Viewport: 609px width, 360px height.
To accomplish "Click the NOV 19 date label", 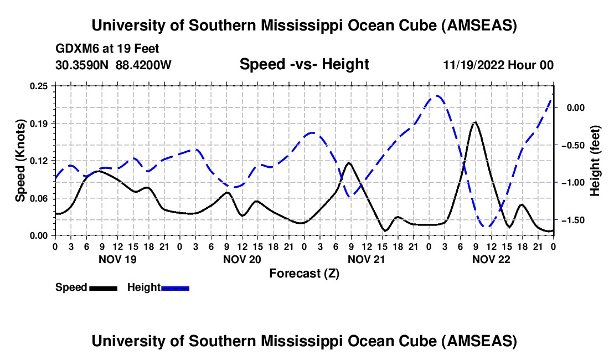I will coord(117,259).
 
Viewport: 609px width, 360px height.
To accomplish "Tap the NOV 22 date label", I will coord(491,259).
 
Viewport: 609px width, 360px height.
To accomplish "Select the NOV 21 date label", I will coord(366,259).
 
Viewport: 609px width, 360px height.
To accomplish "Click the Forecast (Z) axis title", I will coord(304,273).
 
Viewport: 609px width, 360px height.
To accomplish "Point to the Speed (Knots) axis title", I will coord(20,160).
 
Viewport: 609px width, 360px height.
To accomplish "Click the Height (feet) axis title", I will coord(595,160).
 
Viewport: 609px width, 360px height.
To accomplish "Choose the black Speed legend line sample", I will coord(102,287).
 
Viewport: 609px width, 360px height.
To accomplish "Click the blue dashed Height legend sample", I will coord(175,287).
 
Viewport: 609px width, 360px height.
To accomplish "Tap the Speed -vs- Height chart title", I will coord(304,64).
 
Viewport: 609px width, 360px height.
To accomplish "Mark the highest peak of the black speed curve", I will coord(475,122).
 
